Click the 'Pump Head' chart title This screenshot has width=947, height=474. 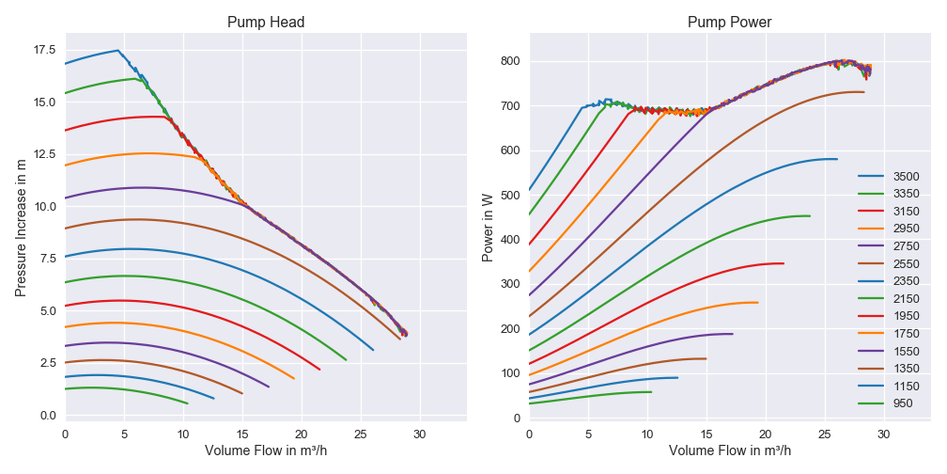(266, 23)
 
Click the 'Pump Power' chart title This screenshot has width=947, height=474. (730, 23)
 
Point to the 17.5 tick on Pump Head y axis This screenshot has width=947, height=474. (44, 50)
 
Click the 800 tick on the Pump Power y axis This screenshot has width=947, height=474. (511, 61)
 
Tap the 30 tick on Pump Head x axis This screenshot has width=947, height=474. (420, 434)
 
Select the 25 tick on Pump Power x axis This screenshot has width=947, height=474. (825, 434)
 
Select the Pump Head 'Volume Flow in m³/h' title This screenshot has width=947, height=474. (266, 450)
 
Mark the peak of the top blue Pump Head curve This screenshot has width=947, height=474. (118, 51)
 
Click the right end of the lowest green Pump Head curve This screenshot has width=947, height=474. (188, 403)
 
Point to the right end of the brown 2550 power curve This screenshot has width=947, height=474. (864, 92)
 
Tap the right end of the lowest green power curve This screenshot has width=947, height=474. (651, 392)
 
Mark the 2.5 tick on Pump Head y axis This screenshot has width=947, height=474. (44, 363)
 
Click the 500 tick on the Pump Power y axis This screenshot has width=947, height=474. (511, 196)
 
